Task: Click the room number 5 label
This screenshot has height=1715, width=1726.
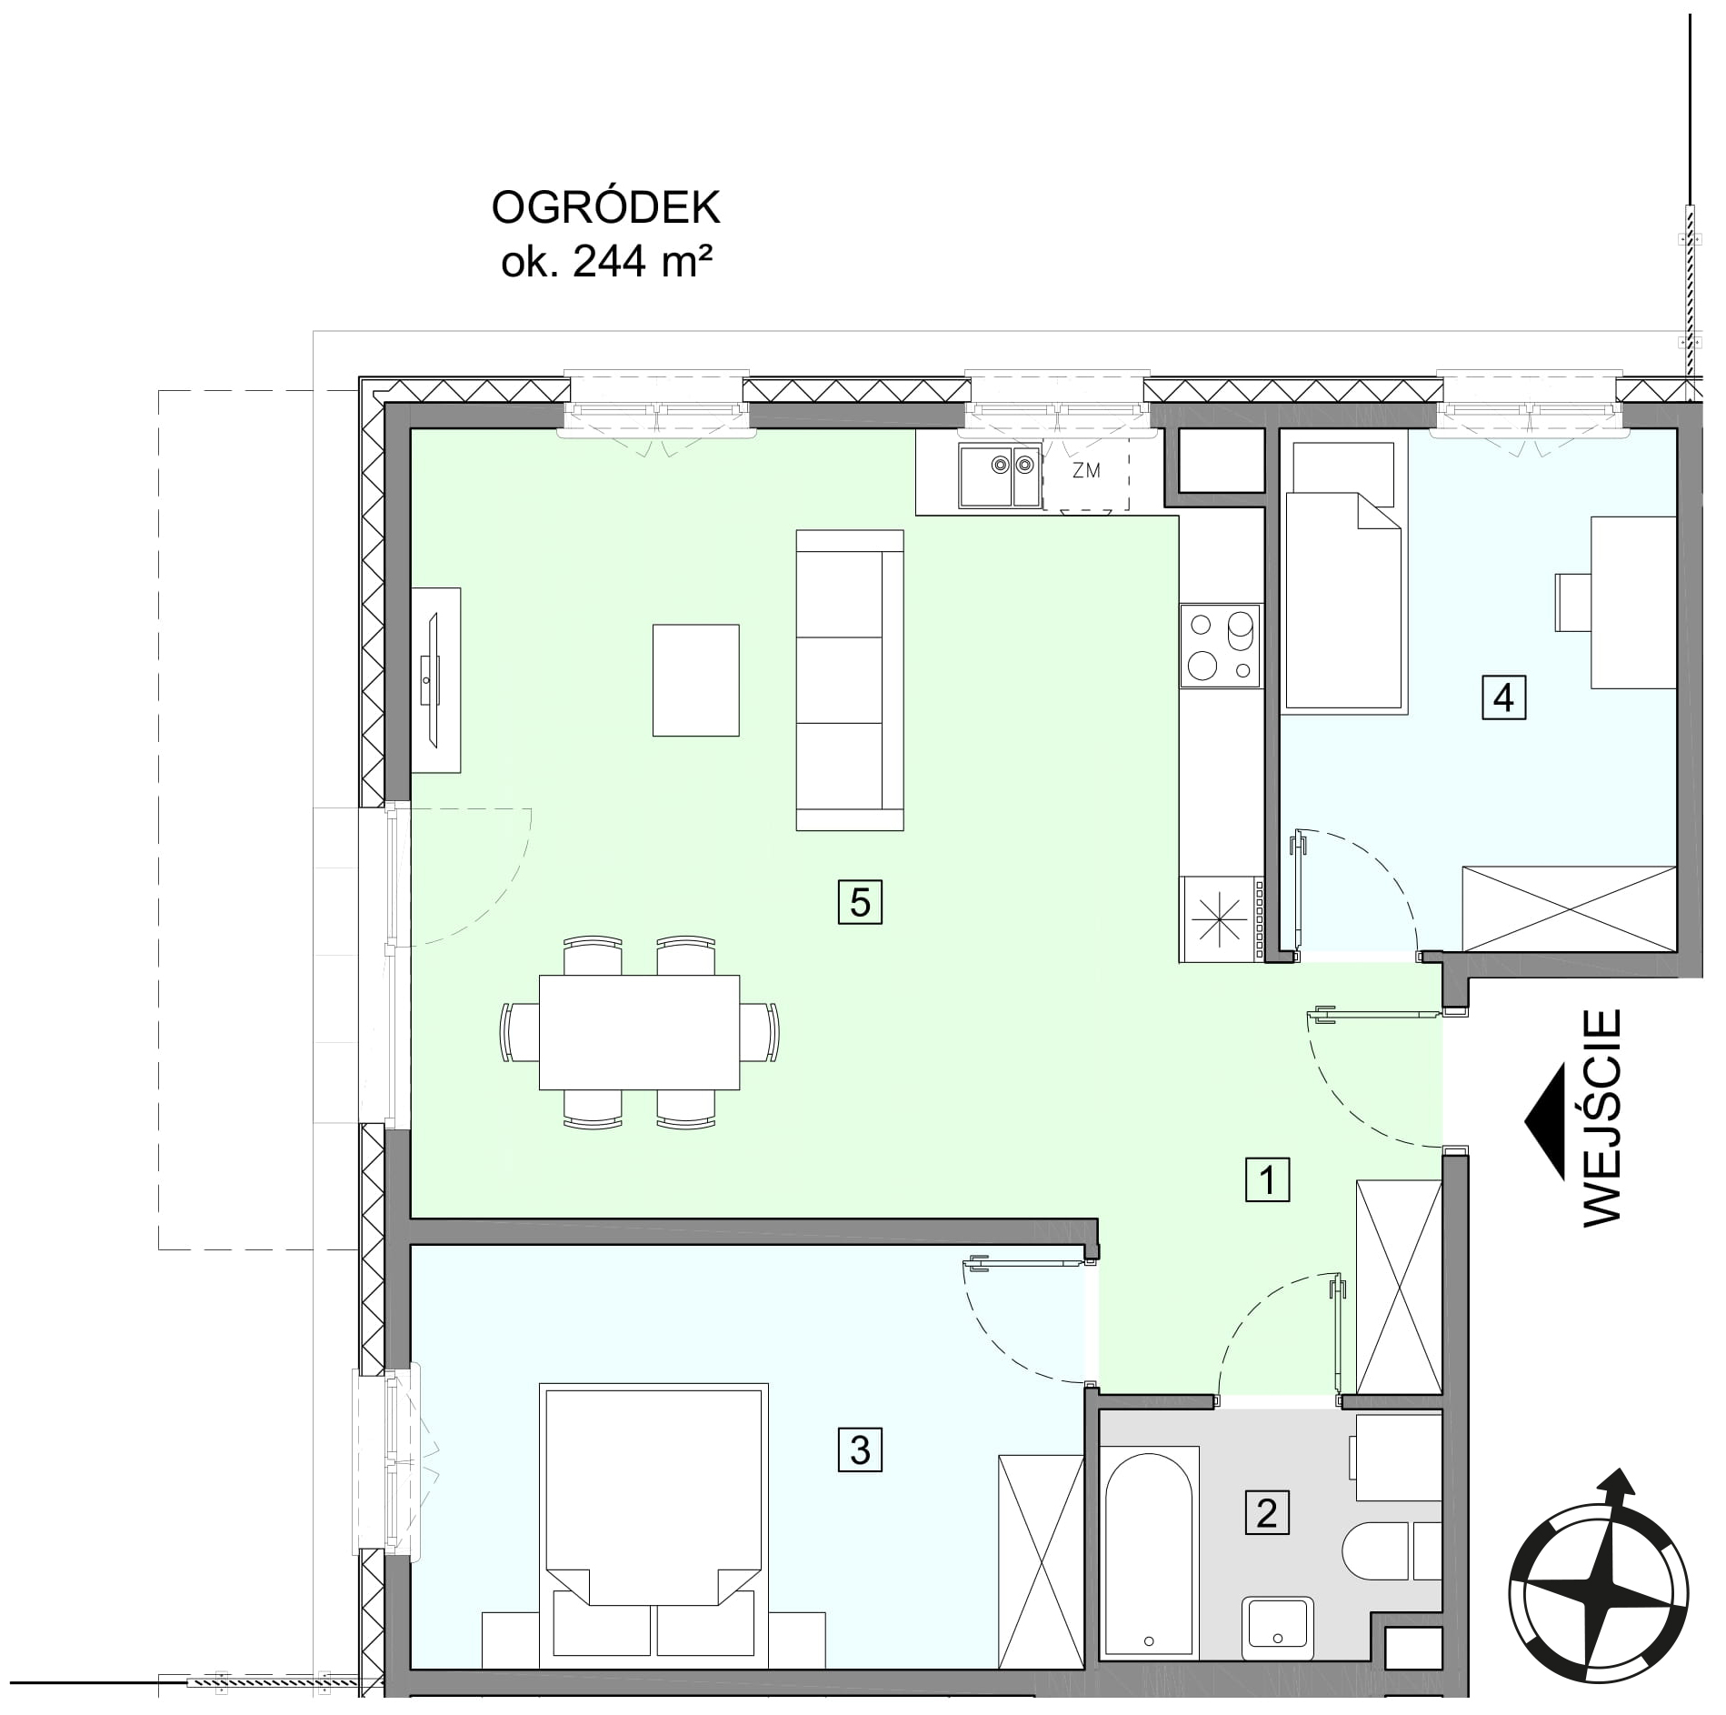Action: (860, 902)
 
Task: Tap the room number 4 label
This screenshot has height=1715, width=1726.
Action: (1503, 697)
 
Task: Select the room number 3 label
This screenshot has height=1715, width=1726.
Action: (860, 1449)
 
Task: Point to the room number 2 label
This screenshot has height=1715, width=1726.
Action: (1267, 1513)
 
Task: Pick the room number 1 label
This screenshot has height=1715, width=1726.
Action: (1268, 1180)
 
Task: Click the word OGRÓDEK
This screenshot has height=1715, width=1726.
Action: (605, 208)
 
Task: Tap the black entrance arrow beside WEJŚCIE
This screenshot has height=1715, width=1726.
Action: (1546, 1122)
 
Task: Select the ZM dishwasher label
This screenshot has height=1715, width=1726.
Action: (1086, 471)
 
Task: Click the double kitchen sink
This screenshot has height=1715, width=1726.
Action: (1000, 477)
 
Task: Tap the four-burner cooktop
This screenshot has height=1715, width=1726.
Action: (1221, 645)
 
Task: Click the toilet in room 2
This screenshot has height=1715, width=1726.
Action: (1392, 1551)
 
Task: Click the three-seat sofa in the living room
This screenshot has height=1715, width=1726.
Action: (850, 680)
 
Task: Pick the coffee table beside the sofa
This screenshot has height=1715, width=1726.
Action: (695, 679)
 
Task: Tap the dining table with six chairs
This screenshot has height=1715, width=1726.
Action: (640, 1032)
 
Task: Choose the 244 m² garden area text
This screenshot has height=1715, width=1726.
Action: (606, 262)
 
